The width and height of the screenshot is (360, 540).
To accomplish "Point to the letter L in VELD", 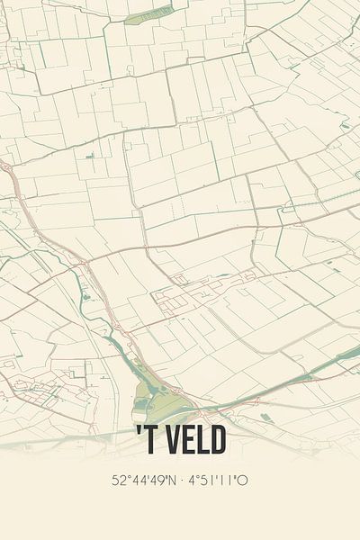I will pyautogui.click(x=200, y=441).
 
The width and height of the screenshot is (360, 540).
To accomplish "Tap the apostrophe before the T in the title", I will pyautogui.click(x=139, y=433).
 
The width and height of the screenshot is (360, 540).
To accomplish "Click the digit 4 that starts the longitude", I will pyautogui.click(x=190, y=481).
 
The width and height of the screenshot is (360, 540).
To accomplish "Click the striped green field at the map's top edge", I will pyautogui.click(x=148, y=14).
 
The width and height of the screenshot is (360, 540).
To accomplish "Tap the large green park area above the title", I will pyautogui.click(x=148, y=396).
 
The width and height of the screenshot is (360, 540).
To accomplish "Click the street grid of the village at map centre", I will pyautogui.click(x=180, y=297).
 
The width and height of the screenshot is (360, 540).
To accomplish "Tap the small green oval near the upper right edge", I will pyautogui.click(x=345, y=126).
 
